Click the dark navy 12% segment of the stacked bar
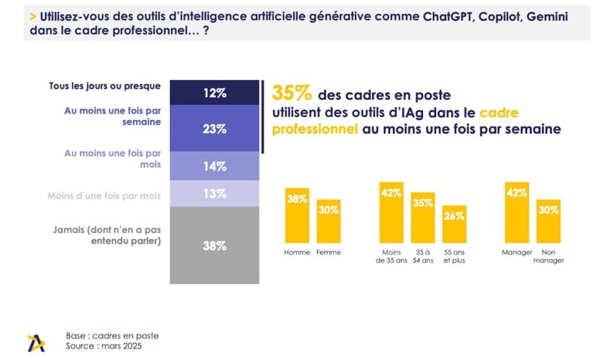click(214, 93)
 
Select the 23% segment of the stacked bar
click(214, 128)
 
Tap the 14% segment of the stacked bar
click(214, 166)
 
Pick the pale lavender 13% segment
click(214, 193)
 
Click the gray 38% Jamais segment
click(214, 245)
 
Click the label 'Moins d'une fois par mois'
click(104, 195)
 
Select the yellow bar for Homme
click(297, 215)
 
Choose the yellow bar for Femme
click(328, 221)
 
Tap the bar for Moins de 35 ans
click(391, 212)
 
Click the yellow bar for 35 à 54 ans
click(422, 218)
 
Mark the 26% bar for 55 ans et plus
click(454, 224)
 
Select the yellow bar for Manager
click(517, 212)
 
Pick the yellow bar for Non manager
click(548, 221)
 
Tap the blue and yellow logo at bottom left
click(36, 342)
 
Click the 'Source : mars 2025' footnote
click(104, 347)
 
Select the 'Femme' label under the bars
click(329, 252)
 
